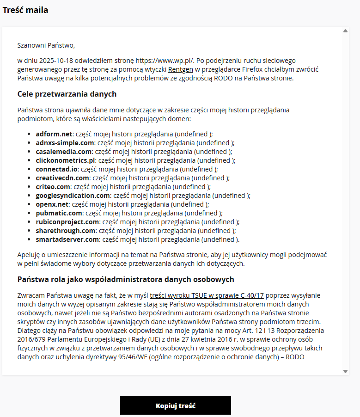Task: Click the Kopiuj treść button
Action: pyautogui.click(x=176, y=406)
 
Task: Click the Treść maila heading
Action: pyautogui.click(x=25, y=10)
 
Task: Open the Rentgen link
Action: pyautogui.click(x=181, y=69)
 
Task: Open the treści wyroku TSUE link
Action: pyautogui.click(x=207, y=295)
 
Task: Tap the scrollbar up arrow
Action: pyautogui.click(x=346, y=31)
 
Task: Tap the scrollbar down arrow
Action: pyautogui.click(x=346, y=371)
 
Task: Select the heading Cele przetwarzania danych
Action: pyautogui.click(x=67, y=94)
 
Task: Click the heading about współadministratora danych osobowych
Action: pyautogui.click(x=125, y=280)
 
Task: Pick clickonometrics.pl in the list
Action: pyautogui.click(x=65, y=160)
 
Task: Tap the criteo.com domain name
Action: pyautogui.click(x=53, y=187)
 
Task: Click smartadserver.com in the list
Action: pyautogui.click(x=67, y=239)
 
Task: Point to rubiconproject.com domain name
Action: pyautogui.click(x=67, y=222)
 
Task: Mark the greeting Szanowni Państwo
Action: pyautogui.click(x=46, y=45)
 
